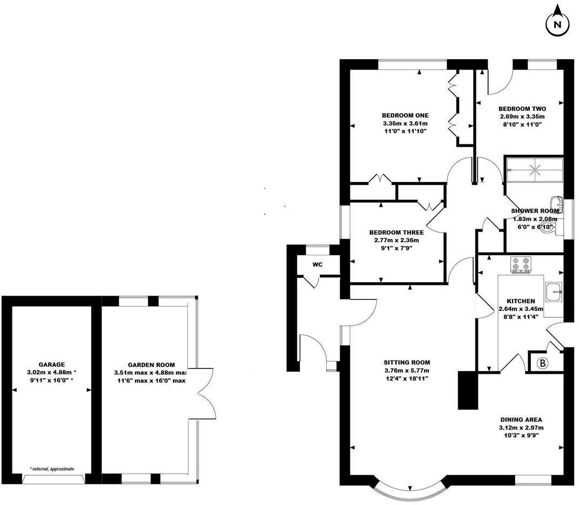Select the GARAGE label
coord(52,365)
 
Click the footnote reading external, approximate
coord(52,469)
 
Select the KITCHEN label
coord(521,301)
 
